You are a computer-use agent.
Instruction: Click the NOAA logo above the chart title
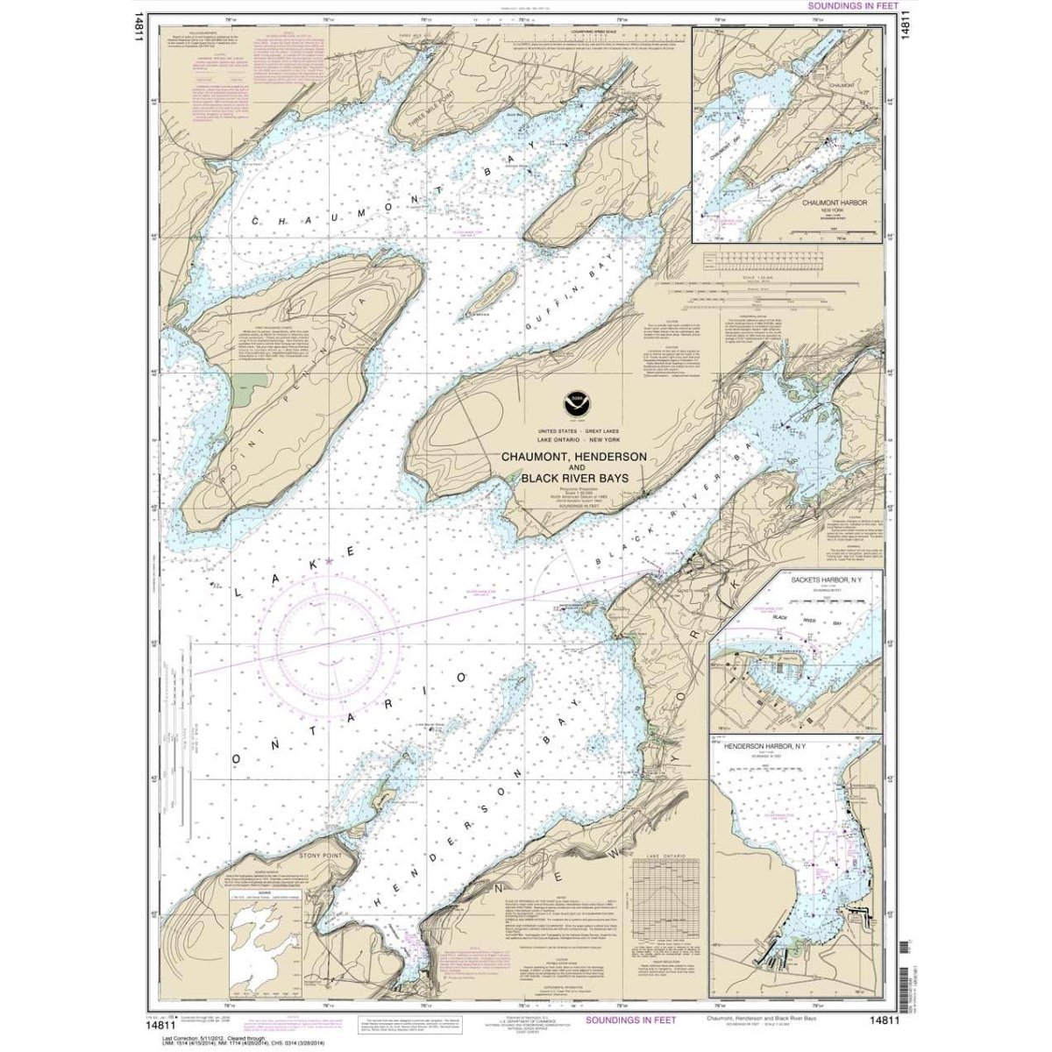coord(574,404)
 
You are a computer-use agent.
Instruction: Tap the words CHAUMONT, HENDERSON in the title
coord(574,458)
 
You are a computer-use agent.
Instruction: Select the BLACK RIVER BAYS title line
coord(574,479)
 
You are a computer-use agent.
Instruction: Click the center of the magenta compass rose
coord(324,632)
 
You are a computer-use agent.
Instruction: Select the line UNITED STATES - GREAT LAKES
coord(574,436)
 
